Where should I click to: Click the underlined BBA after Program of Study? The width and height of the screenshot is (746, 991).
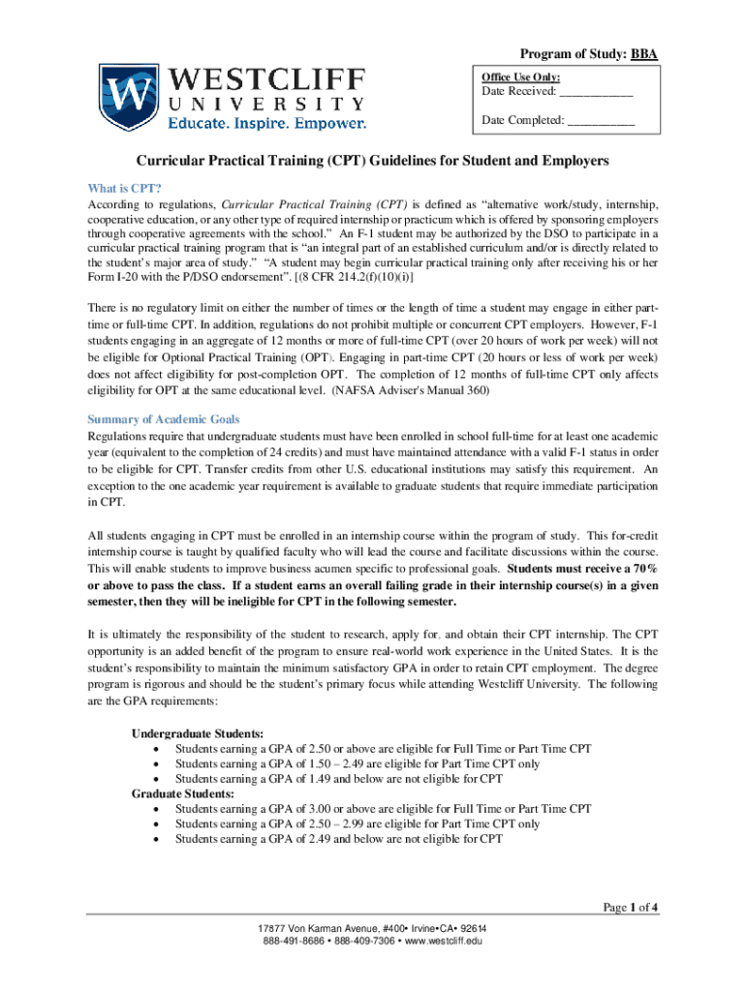(644, 54)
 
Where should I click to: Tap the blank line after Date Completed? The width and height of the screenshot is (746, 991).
(601, 121)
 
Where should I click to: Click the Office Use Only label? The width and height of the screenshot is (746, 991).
(521, 77)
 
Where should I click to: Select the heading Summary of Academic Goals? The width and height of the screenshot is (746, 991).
(164, 419)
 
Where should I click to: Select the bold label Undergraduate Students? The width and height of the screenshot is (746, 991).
(197, 734)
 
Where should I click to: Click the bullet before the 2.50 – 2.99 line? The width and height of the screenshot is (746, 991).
(157, 825)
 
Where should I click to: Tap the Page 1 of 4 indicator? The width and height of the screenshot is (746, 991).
(631, 907)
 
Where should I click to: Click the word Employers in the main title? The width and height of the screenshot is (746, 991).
(562, 160)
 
